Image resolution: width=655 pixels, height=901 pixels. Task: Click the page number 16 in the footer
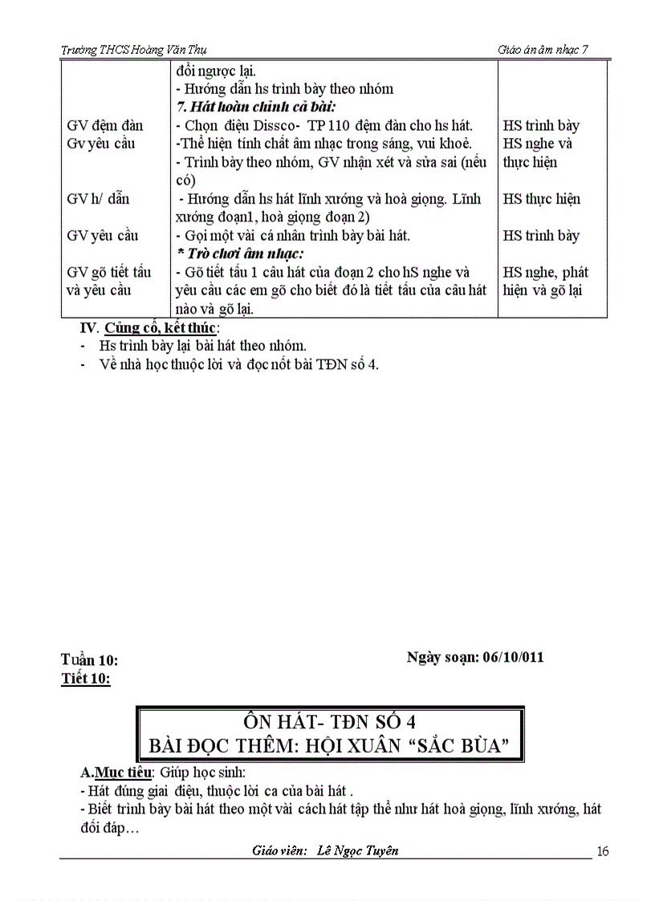pos(604,851)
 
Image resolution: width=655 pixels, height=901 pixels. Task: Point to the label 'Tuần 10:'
pos(90,660)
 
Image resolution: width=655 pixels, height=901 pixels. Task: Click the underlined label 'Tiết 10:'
pos(86,680)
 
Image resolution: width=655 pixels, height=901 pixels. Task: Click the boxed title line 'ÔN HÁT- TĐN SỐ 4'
pos(330,720)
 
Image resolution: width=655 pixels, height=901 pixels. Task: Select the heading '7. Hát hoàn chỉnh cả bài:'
pos(256,107)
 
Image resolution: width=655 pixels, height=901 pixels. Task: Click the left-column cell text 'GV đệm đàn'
pos(105,125)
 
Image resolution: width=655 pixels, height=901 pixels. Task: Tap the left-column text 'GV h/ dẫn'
pos(98,199)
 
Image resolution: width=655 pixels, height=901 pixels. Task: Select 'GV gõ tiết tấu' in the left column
pos(109,273)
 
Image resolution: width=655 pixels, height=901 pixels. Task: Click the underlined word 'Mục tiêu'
pos(124,773)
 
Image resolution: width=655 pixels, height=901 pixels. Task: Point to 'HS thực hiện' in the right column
pos(542,199)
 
